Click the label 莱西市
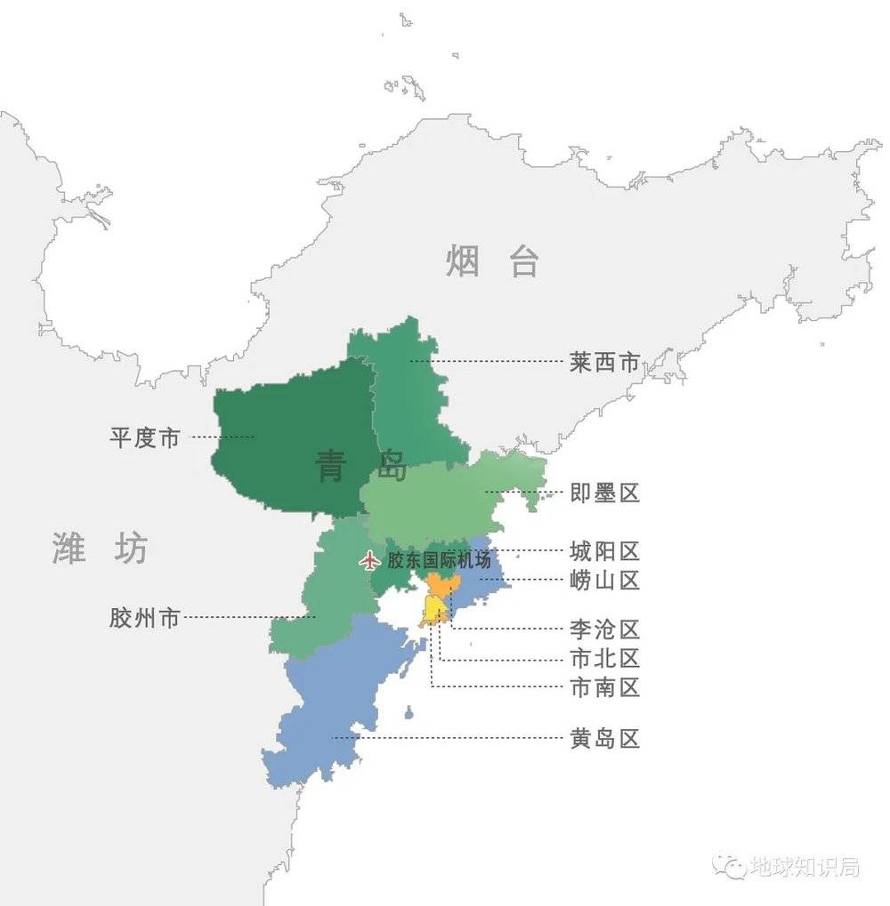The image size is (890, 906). point(604,362)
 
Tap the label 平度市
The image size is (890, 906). point(145,437)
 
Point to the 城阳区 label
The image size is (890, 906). point(604,551)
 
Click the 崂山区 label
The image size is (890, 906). point(604,581)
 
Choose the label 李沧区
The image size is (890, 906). point(604,629)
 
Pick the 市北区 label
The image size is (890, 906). point(604,659)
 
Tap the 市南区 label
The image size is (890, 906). point(604,687)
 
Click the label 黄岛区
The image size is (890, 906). point(604,739)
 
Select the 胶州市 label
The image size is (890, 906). point(145,618)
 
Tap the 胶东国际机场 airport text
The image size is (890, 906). point(439,561)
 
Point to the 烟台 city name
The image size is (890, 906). point(492,261)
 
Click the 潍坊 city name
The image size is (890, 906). point(99,549)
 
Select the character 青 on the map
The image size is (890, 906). point(331,465)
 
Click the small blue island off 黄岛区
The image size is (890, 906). point(408,712)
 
